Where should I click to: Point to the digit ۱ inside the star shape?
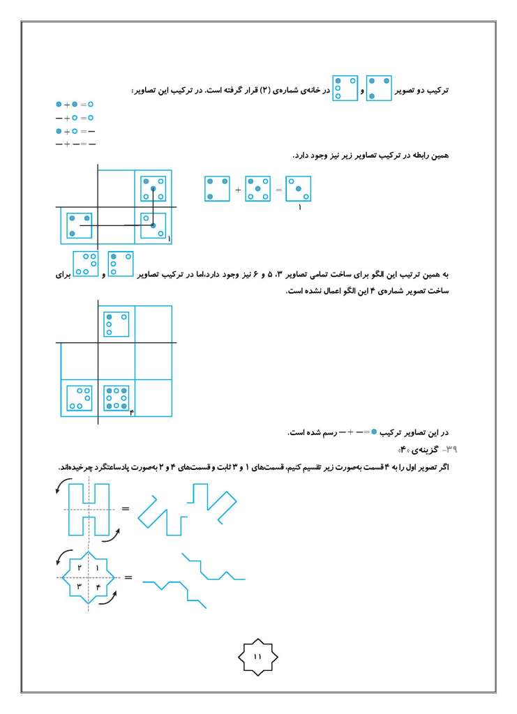(97, 568)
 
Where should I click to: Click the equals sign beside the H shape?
(126, 508)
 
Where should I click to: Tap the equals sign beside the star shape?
(128, 578)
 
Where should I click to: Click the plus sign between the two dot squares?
(238, 190)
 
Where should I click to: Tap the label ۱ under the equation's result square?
(299, 208)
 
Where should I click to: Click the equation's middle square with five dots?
(258, 189)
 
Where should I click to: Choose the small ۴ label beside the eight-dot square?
(131, 413)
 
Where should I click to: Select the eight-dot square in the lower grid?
(116, 397)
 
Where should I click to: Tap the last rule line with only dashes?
(75, 144)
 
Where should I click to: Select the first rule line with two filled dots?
(74, 104)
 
